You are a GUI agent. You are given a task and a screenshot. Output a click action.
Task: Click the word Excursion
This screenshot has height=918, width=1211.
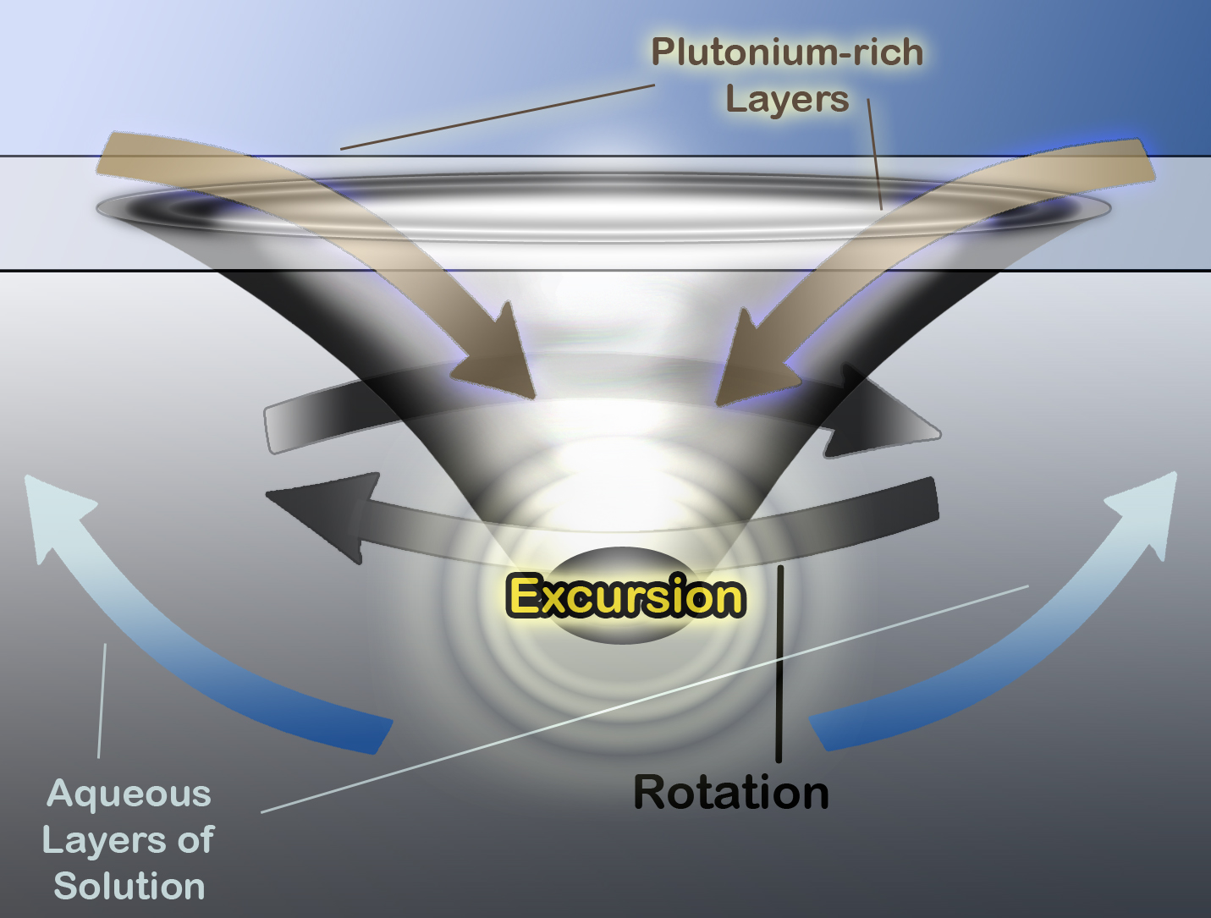[626, 596]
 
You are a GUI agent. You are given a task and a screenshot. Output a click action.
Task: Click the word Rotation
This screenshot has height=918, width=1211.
[731, 793]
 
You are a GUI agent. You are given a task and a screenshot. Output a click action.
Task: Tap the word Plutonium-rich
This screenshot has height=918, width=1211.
[786, 52]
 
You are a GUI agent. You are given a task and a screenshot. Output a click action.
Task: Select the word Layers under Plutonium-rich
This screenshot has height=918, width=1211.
[786, 99]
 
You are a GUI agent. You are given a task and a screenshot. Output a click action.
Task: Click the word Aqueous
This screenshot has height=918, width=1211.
[129, 794]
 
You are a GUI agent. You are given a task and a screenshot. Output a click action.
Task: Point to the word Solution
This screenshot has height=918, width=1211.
[129, 886]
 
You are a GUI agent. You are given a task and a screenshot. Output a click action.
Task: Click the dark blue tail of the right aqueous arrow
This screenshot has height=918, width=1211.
[838, 728]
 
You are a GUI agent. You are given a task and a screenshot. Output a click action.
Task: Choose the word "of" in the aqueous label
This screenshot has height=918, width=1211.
[195, 840]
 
